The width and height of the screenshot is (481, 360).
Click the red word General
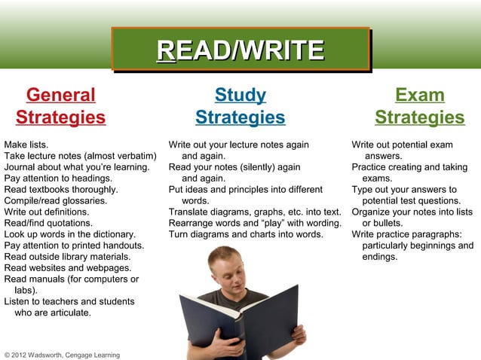[x=61, y=96]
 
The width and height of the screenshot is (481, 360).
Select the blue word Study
[x=240, y=96]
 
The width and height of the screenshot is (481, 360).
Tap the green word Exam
[x=420, y=96]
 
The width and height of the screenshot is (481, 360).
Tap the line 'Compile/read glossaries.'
[x=55, y=200]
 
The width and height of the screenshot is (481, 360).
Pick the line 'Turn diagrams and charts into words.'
[x=246, y=234]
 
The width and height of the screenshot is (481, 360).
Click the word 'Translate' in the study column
[x=189, y=212]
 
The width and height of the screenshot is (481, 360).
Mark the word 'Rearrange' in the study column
[x=192, y=223]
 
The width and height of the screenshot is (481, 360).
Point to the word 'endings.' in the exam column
[x=379, y=257]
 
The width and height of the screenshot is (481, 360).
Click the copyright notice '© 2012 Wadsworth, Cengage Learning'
[x=62, y=354]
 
